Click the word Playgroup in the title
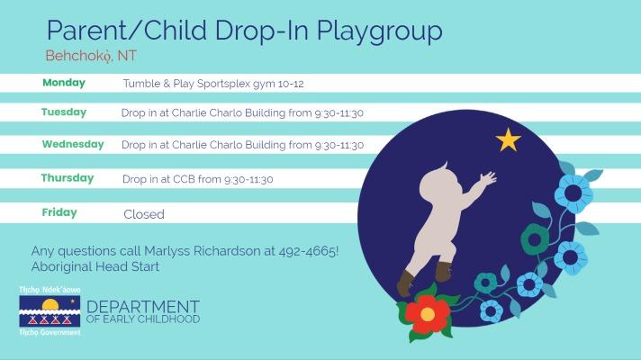[379, 31]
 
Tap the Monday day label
[64, 83]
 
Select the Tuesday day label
[64, 112]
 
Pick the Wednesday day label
[73, 144]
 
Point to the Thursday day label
[68, 178]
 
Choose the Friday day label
[59, 212]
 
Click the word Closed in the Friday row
[144, 214]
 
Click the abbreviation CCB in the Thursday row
[184, 179]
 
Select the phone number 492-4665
[308, 251]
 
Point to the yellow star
[508, 139]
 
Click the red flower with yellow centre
[427, 314]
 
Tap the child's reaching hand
[488, 178]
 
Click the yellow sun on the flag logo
[50, 304]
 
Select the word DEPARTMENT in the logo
[143, 307]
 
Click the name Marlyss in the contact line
[167, 251]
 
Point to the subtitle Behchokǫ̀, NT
[91, 56]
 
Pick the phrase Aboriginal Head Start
[95, 266]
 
